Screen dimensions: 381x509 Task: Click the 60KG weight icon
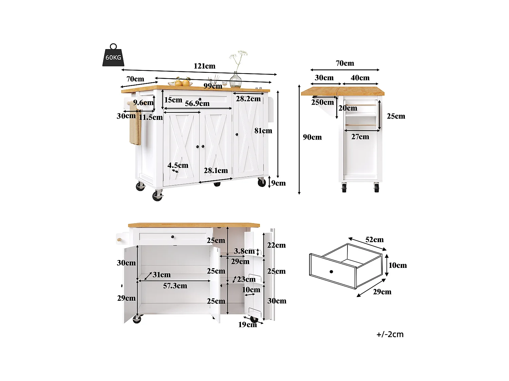point(113,56)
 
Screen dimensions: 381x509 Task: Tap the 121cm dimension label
point(204,66)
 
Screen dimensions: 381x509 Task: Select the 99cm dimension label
point(213,86)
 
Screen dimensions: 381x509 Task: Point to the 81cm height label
point(263,131)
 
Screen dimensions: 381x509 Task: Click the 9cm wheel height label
point(278,183)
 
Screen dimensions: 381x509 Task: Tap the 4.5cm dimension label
point(178,166)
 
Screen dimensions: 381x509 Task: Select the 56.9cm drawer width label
point(197,104)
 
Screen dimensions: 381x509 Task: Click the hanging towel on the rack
point(135,130)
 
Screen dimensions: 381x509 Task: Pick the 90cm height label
point(312,137)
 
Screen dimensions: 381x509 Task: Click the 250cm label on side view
point(322,102)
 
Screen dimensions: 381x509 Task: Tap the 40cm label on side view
point(360,78)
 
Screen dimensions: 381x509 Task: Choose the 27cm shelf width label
point(360,137)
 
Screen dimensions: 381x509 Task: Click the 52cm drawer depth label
point(374,240)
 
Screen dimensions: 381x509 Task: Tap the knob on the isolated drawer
point(331,272)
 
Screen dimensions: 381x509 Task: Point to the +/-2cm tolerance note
point(390,335)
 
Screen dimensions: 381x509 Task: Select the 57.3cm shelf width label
point(175,286)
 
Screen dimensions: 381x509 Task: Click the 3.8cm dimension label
point(244,251)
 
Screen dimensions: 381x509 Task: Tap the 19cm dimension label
point(247,325)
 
